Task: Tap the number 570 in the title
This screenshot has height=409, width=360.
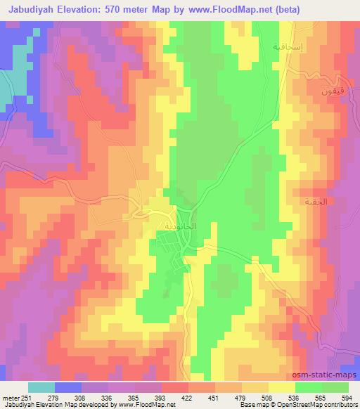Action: tap(128, 10)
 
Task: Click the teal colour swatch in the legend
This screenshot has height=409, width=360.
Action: tap(41, 387)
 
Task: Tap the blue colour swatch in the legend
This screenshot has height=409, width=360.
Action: tap(67, 387)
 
